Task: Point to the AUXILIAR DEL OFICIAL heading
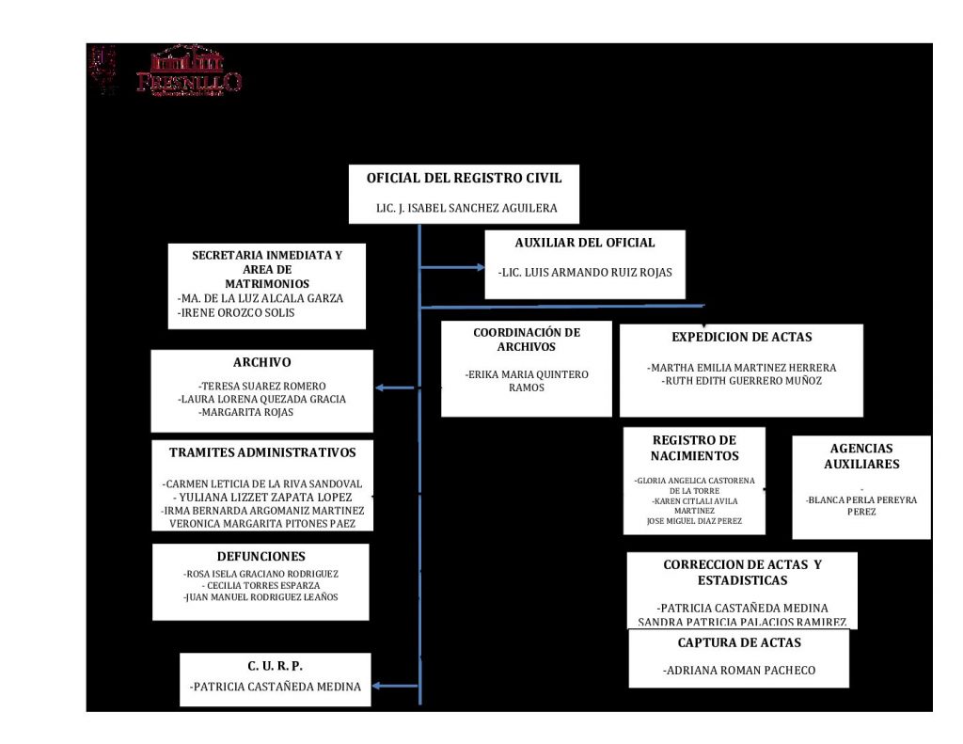click(x=585, y=243)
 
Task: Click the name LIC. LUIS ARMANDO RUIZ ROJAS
click(x=585, y=273)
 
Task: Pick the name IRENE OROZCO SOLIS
click(x=236, y=312)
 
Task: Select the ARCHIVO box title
click(x=262, y=362)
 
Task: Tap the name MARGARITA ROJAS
click(x=246, y=412)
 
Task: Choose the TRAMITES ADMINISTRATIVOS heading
click(x=262, y=452)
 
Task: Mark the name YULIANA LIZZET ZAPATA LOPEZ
click(x=263, y=497)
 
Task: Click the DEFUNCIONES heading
click(x=260, y=556)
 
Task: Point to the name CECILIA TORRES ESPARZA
click(x=260, y=585)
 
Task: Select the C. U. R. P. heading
click(x=275, y=666)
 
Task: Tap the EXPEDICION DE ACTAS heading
click(x=741, y=337)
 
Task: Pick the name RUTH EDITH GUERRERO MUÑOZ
click(x=741, y=381)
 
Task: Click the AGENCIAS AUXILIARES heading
click(x=861, y=456)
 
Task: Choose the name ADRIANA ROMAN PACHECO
click(x=739, y=671)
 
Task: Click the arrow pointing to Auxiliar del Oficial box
click(x=478, y=268)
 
